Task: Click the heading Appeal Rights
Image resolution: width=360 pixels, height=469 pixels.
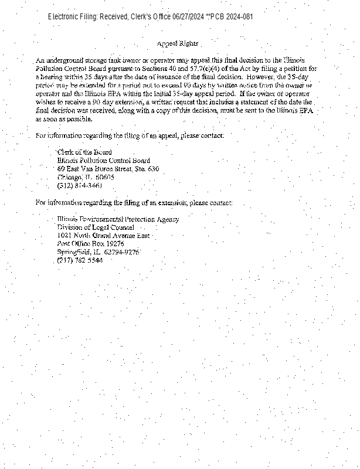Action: (178, 44)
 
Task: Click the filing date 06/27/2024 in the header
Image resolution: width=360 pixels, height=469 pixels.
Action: (188, 17)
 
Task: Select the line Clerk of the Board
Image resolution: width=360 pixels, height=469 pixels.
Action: (84, 152)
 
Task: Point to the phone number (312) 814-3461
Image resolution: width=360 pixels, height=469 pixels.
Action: (80, 185)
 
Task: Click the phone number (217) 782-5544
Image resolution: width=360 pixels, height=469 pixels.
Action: (80, 260)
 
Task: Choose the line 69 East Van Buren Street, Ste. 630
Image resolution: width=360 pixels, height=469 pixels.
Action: (108, 169)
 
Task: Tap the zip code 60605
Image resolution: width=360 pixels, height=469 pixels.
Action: (105, 177)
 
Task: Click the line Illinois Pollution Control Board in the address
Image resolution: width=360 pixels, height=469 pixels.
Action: (103, 161)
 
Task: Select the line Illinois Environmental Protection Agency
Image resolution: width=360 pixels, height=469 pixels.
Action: (118, 219)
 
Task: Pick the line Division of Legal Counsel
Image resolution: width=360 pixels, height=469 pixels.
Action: (96, 227)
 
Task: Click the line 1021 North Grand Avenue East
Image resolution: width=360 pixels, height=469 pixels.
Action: (103, 236)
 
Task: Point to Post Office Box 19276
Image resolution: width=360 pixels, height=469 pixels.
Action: (90, 244)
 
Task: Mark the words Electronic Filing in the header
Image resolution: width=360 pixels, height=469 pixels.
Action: (73, 17)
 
